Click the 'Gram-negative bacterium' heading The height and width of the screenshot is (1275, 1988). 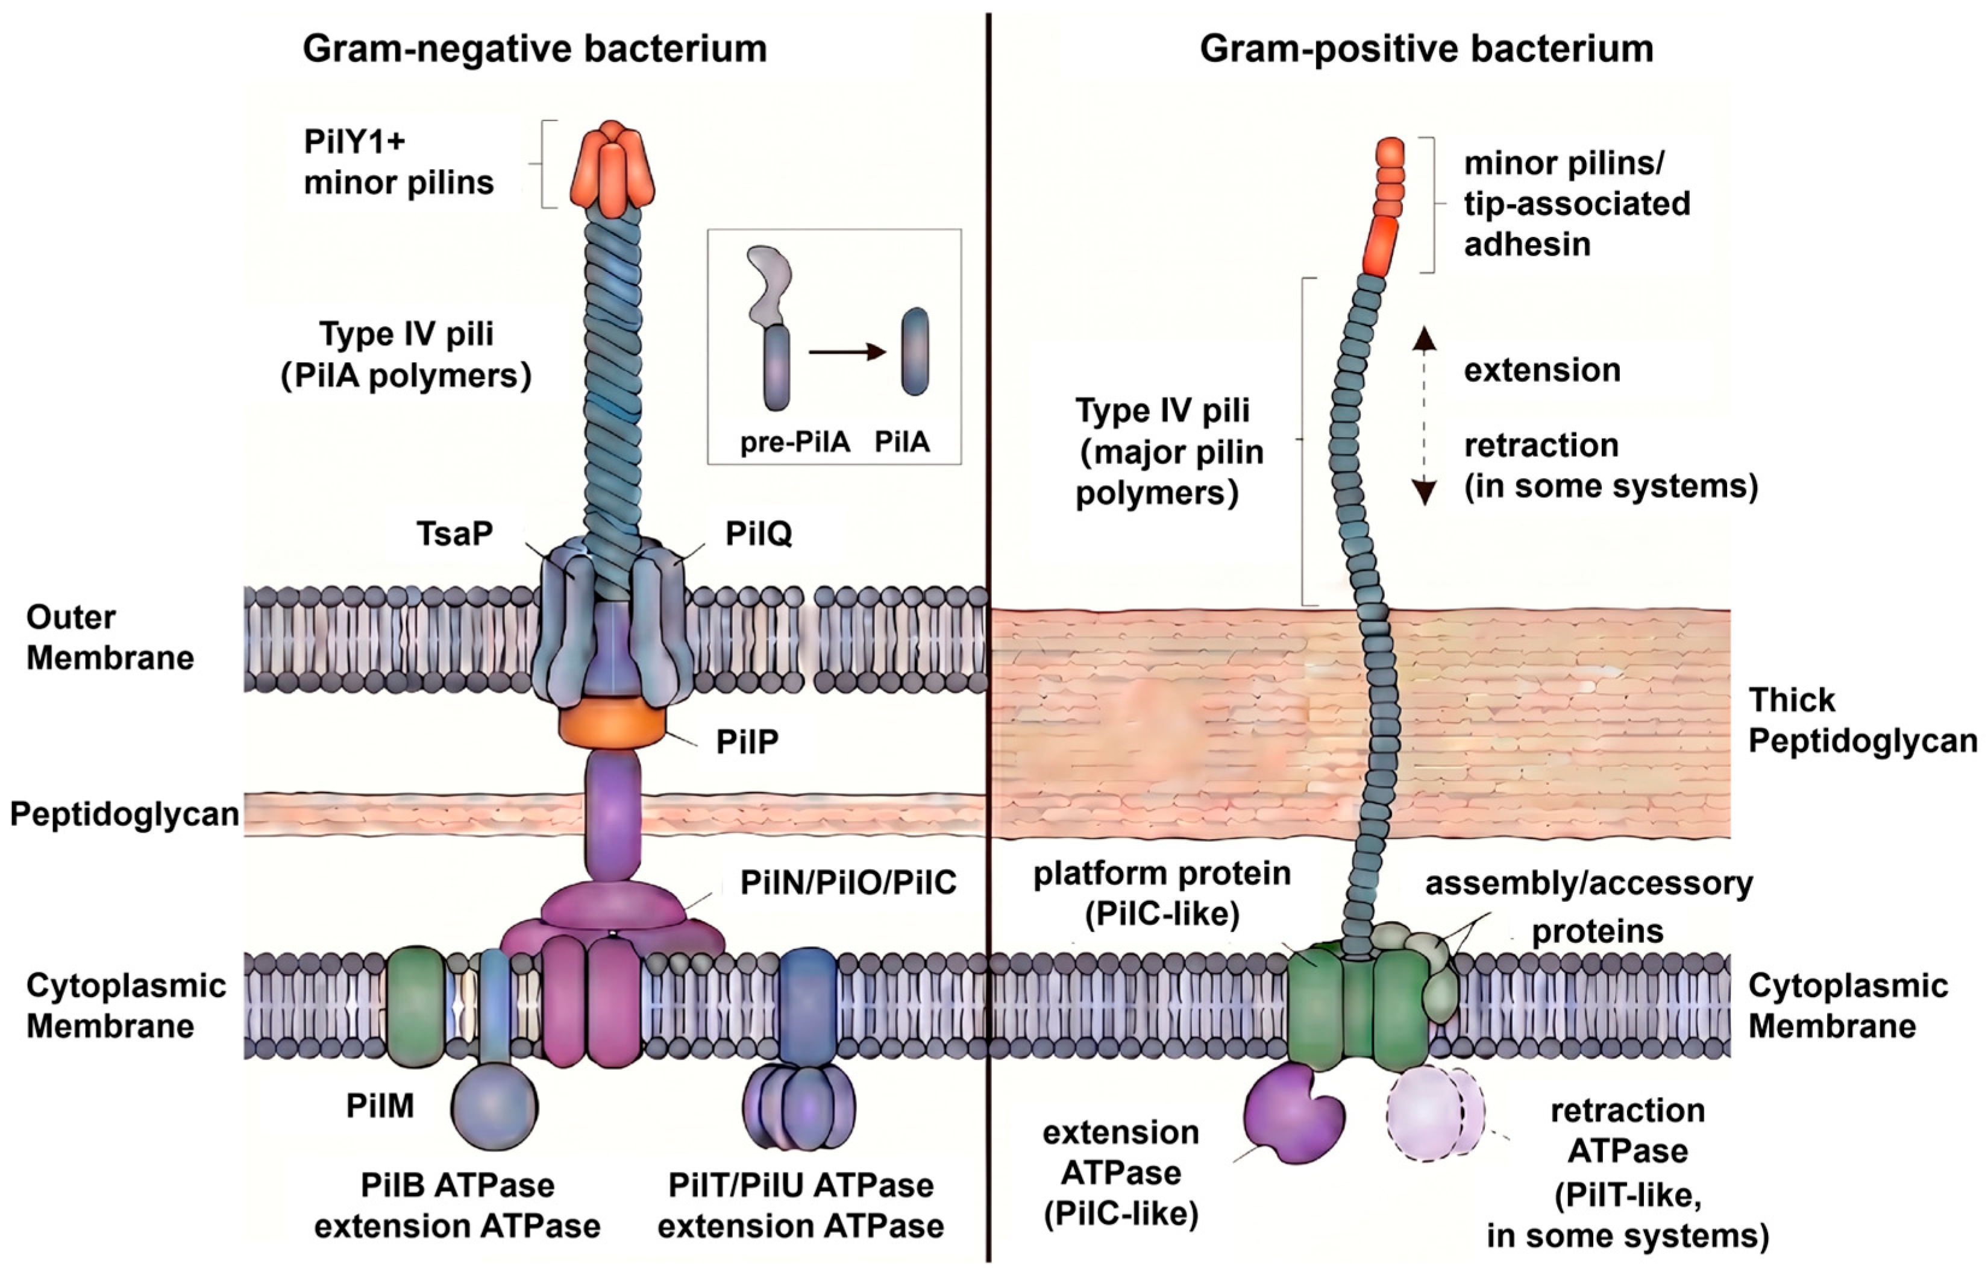click(535, 49)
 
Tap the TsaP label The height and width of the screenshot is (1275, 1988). click(454, 533)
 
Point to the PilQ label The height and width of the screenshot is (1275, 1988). click(759, 533)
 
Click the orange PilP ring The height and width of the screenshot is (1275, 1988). click(612, 725)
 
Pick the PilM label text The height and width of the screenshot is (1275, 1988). click(380, 1105)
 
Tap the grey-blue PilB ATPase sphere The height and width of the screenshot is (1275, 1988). click(495, 1107)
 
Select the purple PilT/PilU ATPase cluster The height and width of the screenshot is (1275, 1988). click(800, 1107)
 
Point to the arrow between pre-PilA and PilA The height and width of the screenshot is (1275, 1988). click(847, 352)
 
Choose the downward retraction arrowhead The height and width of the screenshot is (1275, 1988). click(1423, 492)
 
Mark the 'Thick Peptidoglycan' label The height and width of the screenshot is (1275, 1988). click(1862, 720)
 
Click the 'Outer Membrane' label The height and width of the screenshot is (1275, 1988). click(110, 638)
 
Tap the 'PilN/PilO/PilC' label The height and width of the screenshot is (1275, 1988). click(848, 883)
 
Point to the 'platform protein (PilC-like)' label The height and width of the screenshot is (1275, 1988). click(1162, 893)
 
